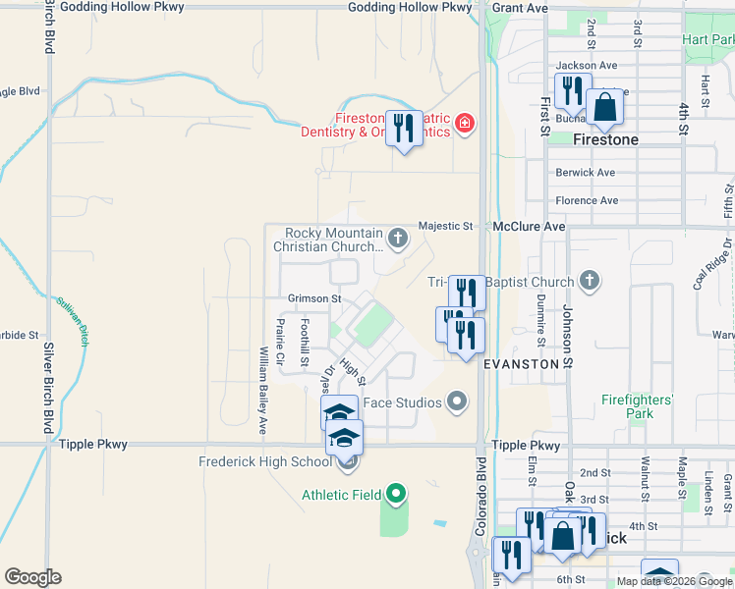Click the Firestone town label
tap(605, 140)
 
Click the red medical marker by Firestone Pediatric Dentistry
tap(462, 125)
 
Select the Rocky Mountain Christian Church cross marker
tap(398, 237)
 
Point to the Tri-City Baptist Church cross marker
tap(589, 282)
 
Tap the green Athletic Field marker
tap(396, 494)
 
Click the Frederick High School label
tap(265, 461)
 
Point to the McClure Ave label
tap(530, 226)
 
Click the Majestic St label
tap(445, 226)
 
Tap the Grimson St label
tap(313, 298)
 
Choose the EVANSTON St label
tap(529, 363)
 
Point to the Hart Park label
tap(709, 40)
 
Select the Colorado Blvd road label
tap(481, 496)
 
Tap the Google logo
tap(33, 577)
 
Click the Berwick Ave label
tap(585, 173)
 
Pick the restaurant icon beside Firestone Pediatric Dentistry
tap(403, 130)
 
